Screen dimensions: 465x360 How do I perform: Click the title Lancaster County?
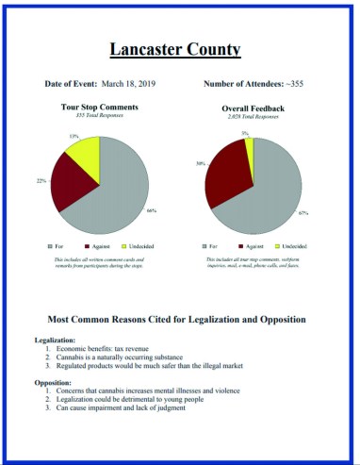[179, 48]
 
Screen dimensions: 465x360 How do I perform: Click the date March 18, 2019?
[126, 85]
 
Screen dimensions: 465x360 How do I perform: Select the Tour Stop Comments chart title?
[106, 107]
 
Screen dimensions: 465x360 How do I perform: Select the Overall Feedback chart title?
[253, 108]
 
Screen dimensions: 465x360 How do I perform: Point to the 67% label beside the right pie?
[303, 213]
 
